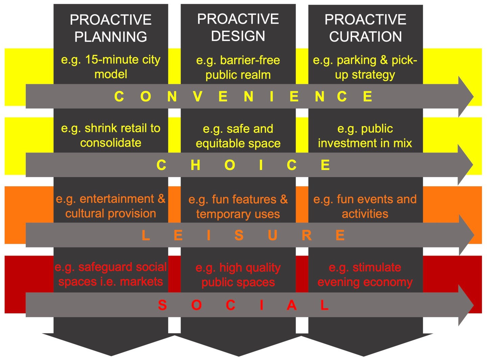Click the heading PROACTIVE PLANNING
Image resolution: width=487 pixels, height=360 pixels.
pos(111,28)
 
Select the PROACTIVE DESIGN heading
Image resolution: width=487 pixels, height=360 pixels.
pos(238,27)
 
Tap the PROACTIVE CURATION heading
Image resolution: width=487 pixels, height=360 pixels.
pos(365,28)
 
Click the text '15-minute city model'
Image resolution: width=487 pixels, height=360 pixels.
pos(111,67)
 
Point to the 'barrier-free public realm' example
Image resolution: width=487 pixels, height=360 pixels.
pos(238,67)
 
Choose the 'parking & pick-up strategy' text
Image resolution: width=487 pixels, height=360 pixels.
pos(365,67)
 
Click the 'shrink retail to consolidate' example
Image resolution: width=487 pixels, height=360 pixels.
pos(111,135)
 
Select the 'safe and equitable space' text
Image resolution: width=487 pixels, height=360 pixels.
pos(238,136)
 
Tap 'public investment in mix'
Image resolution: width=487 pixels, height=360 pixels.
pos(365,136)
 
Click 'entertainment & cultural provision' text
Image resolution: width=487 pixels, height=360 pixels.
pos(111,206)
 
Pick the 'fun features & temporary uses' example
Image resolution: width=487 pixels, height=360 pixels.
pos(238,207)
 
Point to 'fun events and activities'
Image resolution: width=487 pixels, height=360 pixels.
pos(365,206)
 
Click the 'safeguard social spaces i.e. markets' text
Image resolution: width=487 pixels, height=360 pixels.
pos(111,274)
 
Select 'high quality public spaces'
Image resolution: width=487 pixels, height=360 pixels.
pos(238,275)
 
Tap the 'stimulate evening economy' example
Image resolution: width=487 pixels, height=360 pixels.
pos(365,274)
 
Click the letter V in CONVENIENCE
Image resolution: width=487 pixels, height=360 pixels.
pos(198,97)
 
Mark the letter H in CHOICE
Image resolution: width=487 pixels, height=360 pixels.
pos(195,165)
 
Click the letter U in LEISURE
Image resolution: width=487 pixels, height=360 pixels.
pos(273,235)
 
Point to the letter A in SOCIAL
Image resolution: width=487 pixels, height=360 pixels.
pos(292,305)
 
